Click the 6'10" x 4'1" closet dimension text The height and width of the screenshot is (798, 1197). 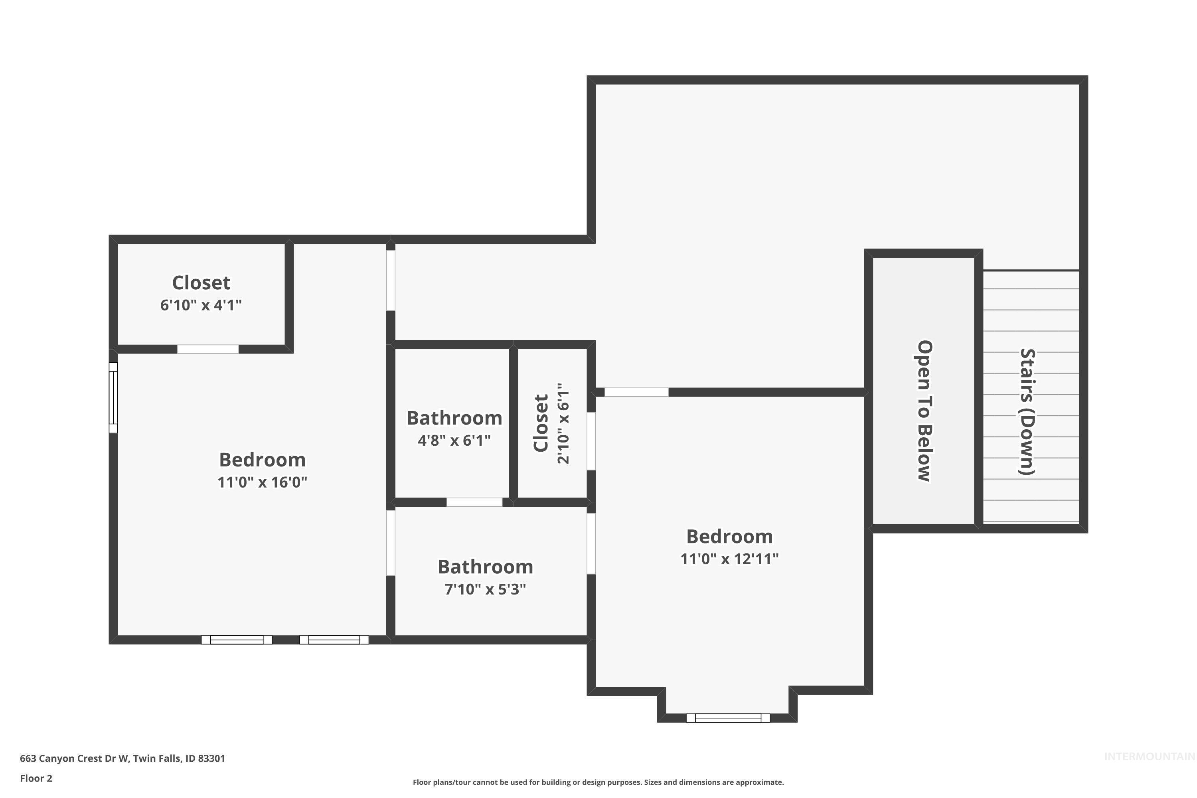tap(201, 305)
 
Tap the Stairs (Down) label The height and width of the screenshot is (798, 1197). tap(1027, 412)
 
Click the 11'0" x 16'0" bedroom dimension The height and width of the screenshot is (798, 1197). tap(262, 482)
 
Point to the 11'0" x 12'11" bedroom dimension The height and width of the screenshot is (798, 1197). tap(729, 559)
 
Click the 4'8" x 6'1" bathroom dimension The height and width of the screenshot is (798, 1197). tap(454, 440)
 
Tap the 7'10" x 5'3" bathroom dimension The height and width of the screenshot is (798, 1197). tap(485, 589)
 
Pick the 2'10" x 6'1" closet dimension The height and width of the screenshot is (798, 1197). tap(563, 423)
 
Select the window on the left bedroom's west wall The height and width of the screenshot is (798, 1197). tap(113, 397)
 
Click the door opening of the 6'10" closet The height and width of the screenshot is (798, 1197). tap(207, 349)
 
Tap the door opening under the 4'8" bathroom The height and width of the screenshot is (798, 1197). tap(474, 502)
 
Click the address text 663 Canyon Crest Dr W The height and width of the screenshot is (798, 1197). tap(122, 758)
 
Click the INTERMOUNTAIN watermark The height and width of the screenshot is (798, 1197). tap(1149, 757)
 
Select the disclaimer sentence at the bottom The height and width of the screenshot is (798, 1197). tap(598, 782)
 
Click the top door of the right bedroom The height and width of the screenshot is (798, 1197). tap(636, 392)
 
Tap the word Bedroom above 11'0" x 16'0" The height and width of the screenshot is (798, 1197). tap(262, 460)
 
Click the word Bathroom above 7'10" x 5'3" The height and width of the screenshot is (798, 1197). tap(485, 567)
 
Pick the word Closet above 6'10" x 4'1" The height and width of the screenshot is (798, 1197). tap(201, 282)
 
